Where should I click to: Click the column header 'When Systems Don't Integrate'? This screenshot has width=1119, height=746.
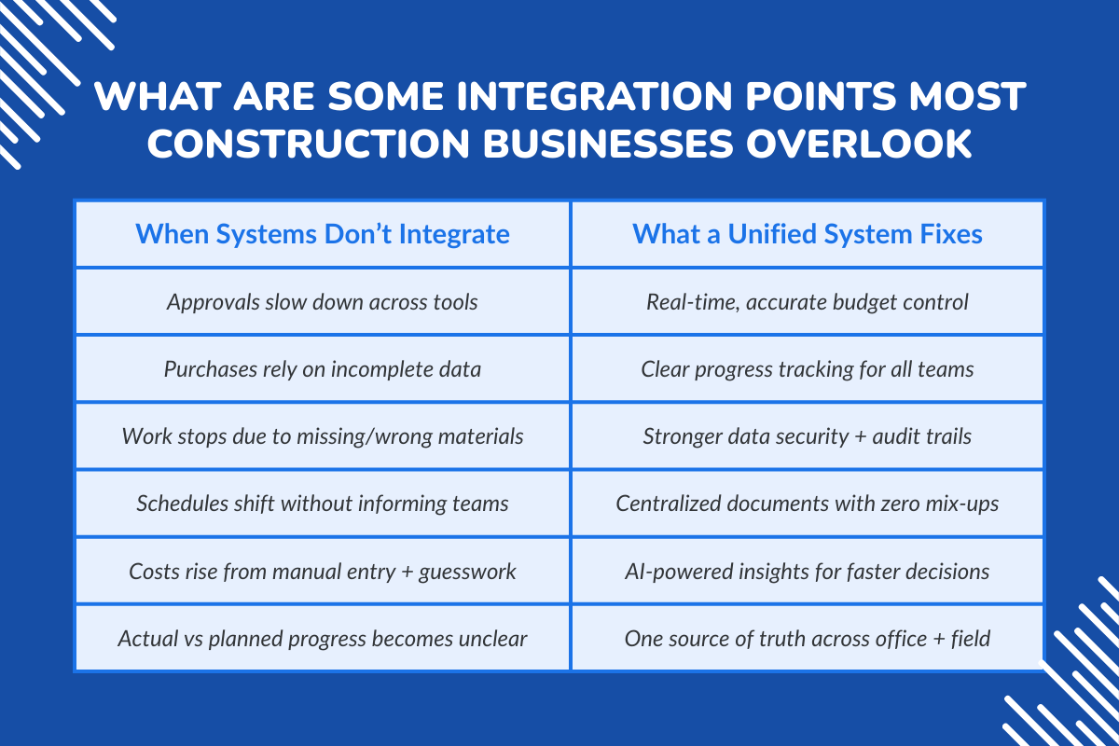323,233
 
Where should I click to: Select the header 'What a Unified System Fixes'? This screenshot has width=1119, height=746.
808,233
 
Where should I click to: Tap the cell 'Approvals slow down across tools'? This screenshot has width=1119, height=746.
323,302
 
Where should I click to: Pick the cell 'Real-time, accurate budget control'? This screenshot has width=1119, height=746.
808,302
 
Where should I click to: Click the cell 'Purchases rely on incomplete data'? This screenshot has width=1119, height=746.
323,369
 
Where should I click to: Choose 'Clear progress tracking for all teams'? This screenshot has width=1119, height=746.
808,369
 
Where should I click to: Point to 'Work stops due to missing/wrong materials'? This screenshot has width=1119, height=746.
323,436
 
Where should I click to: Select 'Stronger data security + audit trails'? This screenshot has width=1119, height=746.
808,436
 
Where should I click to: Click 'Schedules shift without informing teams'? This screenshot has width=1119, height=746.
323,504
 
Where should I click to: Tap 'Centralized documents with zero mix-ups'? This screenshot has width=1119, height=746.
808,504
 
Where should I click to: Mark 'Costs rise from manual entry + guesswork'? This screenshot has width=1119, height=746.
323,571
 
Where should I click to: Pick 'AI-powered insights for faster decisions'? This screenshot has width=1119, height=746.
808,571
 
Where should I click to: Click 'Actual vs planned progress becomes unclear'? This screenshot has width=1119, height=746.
323,639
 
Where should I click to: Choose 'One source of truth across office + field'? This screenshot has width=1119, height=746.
808,639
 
